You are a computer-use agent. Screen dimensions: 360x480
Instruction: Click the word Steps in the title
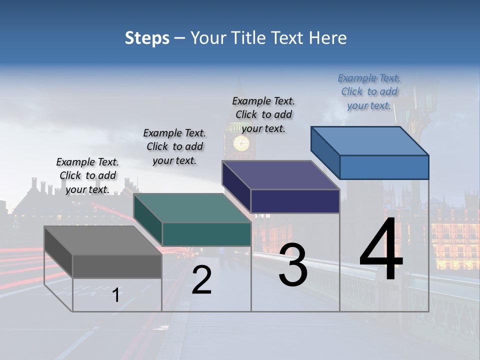tap(147, 38)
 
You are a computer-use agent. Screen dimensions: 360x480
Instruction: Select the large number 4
tap(381, 249)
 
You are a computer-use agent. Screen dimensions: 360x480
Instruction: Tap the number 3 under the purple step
tap(292, 265)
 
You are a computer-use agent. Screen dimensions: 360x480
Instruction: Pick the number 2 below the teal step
tap(201, 280)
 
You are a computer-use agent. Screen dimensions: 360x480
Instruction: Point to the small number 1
tap(115, 295)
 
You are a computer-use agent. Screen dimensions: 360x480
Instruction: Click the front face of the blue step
tap(384, 167)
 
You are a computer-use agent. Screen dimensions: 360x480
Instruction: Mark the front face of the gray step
tap(117, 266)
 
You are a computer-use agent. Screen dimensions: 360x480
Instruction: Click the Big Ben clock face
tap(241, 143)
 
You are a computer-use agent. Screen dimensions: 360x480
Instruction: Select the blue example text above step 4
tap(369, 91)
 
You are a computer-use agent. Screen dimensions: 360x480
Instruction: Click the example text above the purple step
tap(263, 114)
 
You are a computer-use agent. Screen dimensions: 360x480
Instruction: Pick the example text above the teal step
tap(174, 146)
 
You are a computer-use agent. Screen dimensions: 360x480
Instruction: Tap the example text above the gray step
tap(87, 175)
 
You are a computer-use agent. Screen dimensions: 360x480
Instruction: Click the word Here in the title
tap(328, 38)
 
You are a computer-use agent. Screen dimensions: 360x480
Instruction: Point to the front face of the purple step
tap(295, 201)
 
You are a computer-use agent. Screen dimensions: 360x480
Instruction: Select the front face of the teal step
tap(206, 234)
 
